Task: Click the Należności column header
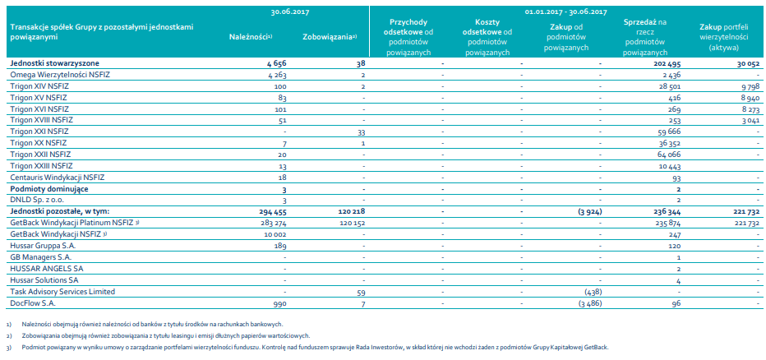point(250,38)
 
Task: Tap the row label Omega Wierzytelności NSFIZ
point(57,75)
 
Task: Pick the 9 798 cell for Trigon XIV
point(749,86)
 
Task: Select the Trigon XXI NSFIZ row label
point(39,132)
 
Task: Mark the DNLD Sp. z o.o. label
point(37,200)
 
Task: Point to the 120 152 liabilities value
point(351,223)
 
